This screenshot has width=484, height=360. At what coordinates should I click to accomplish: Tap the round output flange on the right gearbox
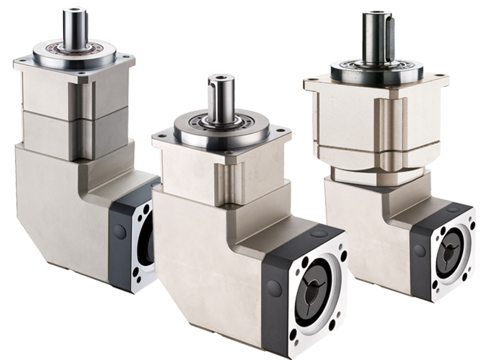[377, 72]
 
